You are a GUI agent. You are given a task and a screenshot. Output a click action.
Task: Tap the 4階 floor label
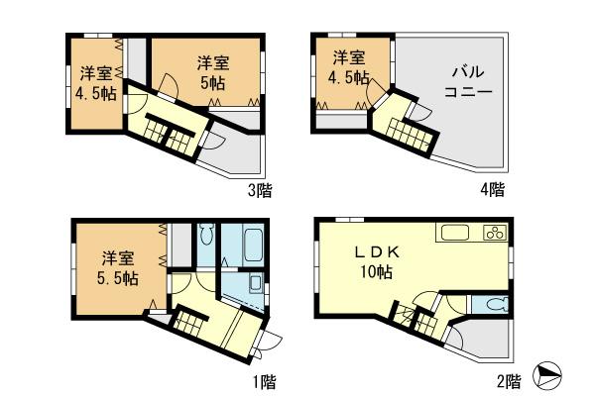(x=495, y=188)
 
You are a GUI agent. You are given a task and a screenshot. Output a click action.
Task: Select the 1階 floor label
(x=264, y=380)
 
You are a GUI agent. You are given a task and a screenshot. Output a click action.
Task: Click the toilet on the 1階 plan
(x=206, y=237)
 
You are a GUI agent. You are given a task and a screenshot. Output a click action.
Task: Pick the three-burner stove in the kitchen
(x=495, y=234)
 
